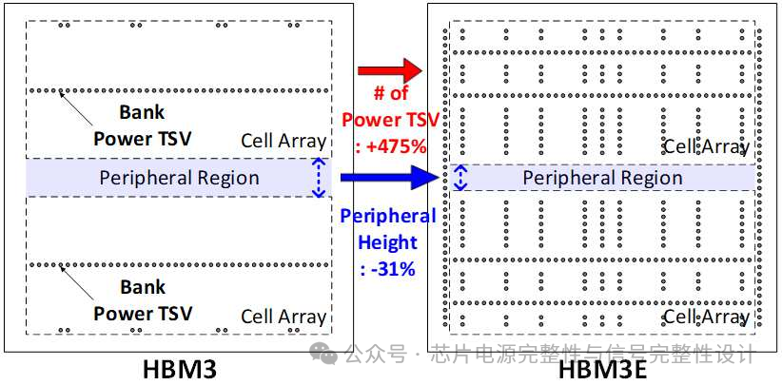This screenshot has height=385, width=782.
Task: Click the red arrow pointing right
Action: [x=389, y=70]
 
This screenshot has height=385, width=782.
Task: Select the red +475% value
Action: [x=391, y=146]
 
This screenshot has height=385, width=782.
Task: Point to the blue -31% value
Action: [x=387, y=268]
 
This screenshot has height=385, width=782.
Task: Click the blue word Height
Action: [x=387, y=241]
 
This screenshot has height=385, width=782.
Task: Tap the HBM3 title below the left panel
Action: [x=179, y=368]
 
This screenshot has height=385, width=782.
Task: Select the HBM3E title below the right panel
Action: [x=603, y=369]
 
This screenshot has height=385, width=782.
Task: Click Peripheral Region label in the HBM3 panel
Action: [x=179, y=178]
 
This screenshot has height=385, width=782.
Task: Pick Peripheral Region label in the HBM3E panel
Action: [x=602, y=178]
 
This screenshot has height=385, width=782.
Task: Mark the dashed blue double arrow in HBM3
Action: [x=319, y=178]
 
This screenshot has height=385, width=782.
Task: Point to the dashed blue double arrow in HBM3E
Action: [x=460, y=178]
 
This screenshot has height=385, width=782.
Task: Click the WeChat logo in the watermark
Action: [x=326, y=355]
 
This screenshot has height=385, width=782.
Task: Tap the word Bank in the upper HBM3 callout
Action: [x=142, y=112]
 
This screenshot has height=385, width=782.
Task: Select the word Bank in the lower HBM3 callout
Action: [x=142, y=286]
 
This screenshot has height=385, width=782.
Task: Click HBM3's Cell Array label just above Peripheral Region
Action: [x=283, y=142]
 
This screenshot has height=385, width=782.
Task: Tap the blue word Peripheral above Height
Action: [x=387, y=216]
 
